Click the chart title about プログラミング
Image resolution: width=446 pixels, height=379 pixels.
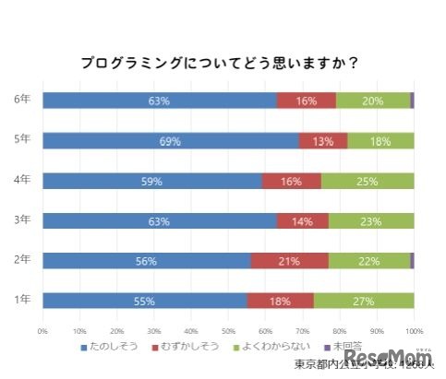(219, 64)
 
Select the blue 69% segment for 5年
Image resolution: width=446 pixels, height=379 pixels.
(170, 141)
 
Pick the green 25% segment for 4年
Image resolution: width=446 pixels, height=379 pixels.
(368, 181)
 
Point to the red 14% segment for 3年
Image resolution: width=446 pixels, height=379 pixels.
(302, 220)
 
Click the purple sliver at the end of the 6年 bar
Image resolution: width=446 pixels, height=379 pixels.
(412, 101)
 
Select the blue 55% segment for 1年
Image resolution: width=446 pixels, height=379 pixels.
(144, 301)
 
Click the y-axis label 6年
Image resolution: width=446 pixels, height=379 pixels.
(21, 100)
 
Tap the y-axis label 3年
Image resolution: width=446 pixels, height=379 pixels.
(21, 219)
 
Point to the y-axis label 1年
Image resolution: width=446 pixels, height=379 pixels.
(21, 300)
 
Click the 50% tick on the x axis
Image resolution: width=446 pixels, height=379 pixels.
(228, 329)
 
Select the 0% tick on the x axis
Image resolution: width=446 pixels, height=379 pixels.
(42, 329)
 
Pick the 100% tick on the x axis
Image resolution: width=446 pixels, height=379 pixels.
(413, 329)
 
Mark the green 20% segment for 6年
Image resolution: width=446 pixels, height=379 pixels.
(373, 101)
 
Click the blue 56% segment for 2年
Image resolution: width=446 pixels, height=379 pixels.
(146, 261)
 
